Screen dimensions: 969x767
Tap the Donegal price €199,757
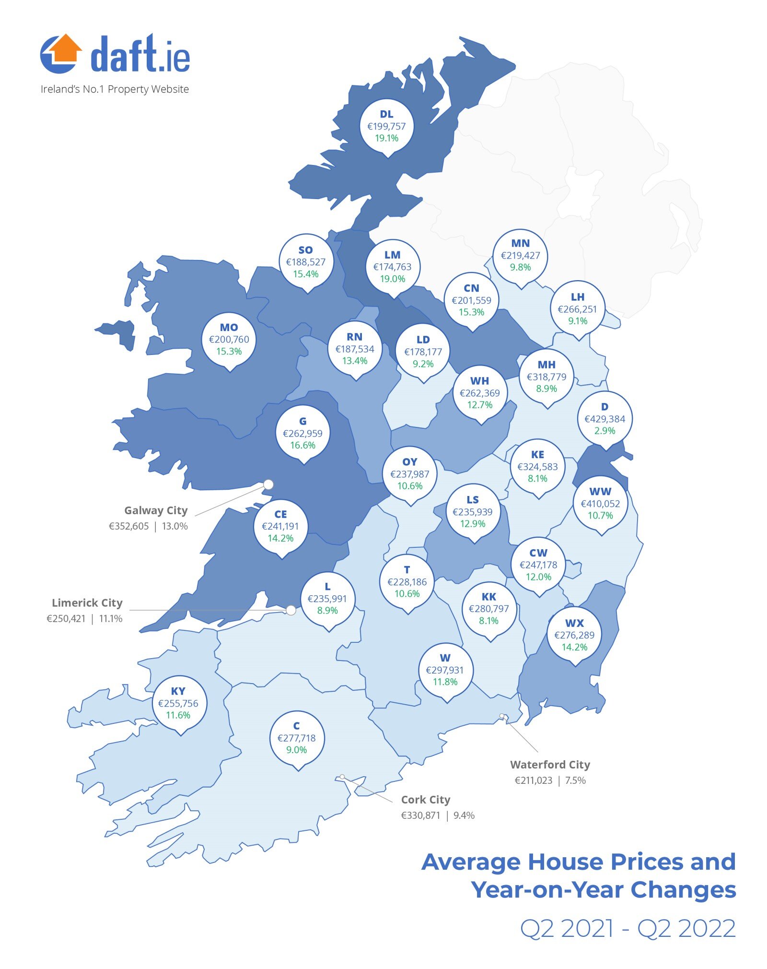point(386,126)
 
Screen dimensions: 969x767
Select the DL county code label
point(386,114)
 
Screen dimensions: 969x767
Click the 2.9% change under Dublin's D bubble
point(604,431)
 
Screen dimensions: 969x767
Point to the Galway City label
point(156,510)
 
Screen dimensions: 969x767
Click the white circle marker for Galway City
point(268,484)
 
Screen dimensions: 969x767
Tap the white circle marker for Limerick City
point(291,610)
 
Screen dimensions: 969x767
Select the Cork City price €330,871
point(420,815)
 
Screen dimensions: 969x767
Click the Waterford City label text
point(550,765)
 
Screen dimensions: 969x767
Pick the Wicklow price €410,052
point(600,504)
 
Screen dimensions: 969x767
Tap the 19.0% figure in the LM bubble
point(392,279)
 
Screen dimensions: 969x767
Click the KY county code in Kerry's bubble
point(178,691)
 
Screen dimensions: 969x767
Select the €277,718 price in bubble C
point(296,738)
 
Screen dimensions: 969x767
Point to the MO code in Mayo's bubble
point(229,328)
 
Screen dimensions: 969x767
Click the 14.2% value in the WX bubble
point(574,647)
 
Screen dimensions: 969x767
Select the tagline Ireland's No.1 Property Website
point(115,89)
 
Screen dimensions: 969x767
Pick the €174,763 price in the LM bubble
point(392,267)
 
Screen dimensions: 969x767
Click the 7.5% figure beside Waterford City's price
point(575,780)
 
